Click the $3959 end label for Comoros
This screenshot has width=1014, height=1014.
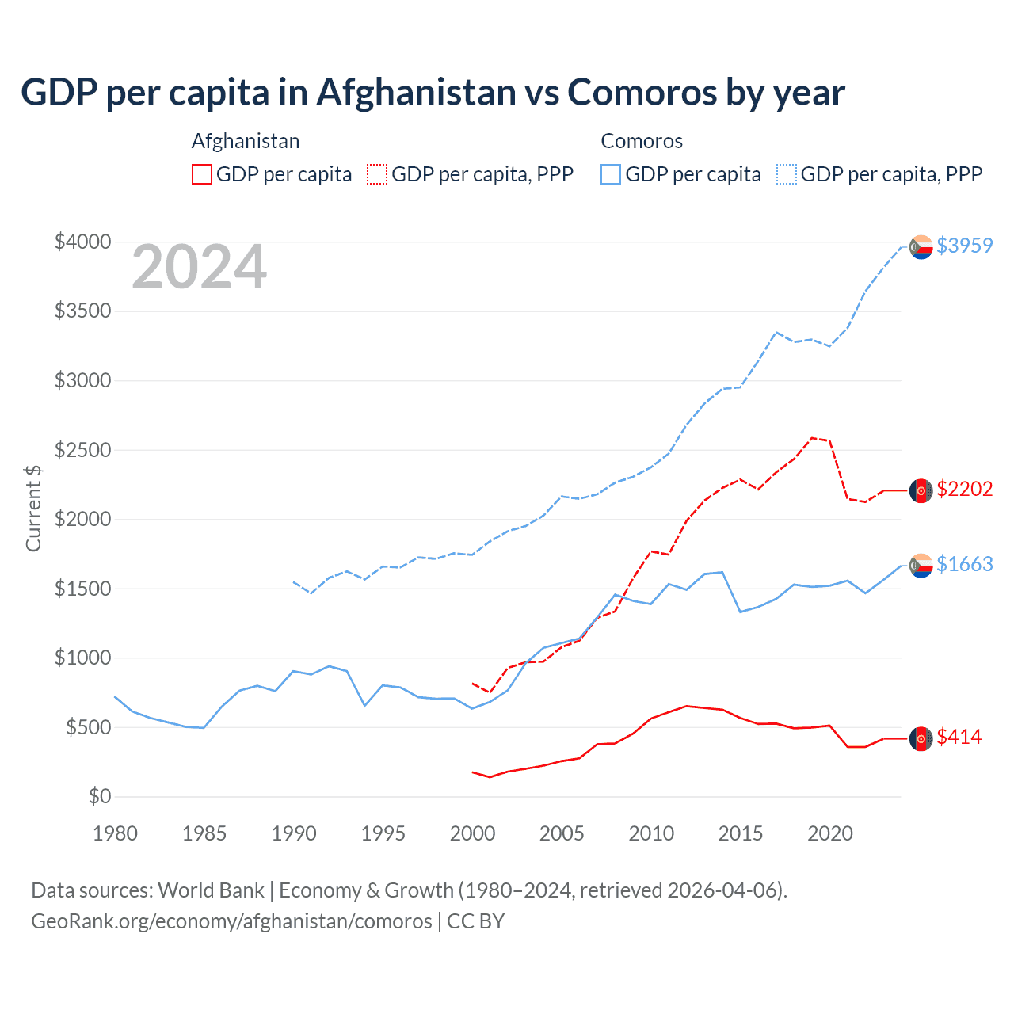point(964,246)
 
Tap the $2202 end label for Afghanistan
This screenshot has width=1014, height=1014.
point(964,489)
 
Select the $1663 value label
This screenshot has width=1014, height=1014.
point(964,564)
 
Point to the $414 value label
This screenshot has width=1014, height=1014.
point(959,737)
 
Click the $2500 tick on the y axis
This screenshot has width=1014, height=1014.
point(82,450)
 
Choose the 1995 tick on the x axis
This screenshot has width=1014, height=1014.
point(383,833)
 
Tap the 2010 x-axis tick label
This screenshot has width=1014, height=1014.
point(651,833)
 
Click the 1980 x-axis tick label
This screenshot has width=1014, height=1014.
point(116,833)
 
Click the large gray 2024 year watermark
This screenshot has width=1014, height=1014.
point(199,267)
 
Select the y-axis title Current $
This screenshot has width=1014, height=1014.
point(33,508)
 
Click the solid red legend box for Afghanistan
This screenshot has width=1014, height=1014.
point(202,174)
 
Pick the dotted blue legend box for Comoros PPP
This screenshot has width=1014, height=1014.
point(787,174)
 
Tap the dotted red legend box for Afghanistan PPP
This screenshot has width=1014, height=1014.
point(377,174)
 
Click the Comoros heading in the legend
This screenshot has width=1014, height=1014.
point(642,141)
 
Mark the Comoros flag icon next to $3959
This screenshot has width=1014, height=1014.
point(921,247)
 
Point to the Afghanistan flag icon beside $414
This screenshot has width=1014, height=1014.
point(921,738)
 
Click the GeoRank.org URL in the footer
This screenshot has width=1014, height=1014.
point(231,921)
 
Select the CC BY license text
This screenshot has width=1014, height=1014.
point(475,921)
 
